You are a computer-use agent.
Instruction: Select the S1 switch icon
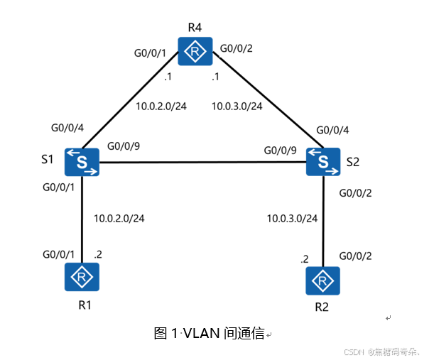click(x=82, y=162)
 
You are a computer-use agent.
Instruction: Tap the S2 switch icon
click(x=323, y=162)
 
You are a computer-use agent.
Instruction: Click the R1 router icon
click(x=82, y=276)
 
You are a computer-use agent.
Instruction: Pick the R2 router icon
click(x=323, y=280)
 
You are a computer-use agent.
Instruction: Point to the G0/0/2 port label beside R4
click(x=236, y=48)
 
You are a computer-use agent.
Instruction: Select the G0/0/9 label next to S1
click(x=123, y=147)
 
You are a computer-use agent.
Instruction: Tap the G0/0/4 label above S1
click(x=67, y=129)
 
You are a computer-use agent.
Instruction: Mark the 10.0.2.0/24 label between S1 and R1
click(x=119, y=218)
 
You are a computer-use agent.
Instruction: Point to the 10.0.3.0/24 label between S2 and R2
click(x=292, y=218)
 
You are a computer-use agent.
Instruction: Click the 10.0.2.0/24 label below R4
click(x=161, y=107)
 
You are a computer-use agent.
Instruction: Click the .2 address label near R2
click(x=305, y=259)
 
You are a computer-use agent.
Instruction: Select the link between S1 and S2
click(x=202, y=163)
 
